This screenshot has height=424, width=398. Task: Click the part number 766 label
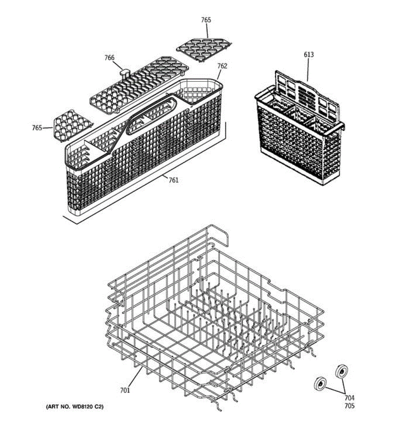point(109,58)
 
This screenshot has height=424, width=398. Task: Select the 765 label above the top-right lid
point(206,20)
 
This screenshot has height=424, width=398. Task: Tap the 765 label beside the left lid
point(37,128)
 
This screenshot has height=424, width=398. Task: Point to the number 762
point(222,66)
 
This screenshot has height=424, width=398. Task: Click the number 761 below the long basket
point(173,180)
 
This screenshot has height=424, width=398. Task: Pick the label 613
point(309,55)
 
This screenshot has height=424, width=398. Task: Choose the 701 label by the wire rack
point(125,390)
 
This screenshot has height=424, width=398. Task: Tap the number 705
point(349,406)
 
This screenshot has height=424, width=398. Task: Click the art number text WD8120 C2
point(75,407)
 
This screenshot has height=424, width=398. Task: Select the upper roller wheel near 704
point(341,371)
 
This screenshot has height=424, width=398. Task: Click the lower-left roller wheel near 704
point(321,384)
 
